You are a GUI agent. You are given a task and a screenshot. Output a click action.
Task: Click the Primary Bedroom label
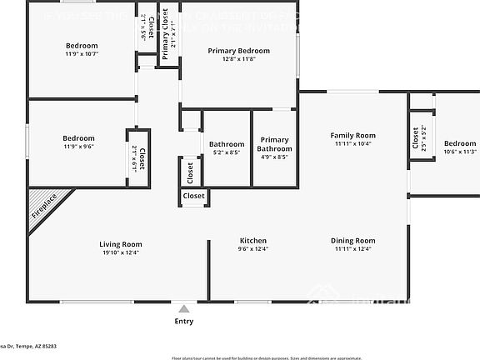coord(239,51)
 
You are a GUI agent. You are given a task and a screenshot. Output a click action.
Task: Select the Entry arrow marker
coord(183,309)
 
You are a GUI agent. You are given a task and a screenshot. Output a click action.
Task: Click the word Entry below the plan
coord(183,321)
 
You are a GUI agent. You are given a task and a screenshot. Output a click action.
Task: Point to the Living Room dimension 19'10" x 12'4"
coord(121,252)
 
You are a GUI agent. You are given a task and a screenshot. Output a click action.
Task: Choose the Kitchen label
coord(252,240)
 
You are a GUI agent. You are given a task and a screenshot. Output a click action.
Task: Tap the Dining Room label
coord(352,240)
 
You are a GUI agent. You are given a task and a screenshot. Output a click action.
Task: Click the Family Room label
coord(352,135)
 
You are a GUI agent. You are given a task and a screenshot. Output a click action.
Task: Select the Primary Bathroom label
coord(273,144)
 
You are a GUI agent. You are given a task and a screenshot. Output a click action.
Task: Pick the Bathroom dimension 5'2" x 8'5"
coord(227,152)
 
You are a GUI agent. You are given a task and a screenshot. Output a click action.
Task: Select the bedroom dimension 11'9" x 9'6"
coord(78,147)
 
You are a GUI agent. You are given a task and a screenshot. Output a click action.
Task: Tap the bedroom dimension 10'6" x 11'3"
coord(459,152)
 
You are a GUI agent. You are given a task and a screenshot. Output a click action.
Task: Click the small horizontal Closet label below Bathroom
coord(194,196)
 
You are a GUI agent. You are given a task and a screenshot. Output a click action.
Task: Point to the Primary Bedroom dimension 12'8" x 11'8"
coord(239,59)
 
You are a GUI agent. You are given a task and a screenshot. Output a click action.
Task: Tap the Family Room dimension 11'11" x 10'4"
coord(352,143)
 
